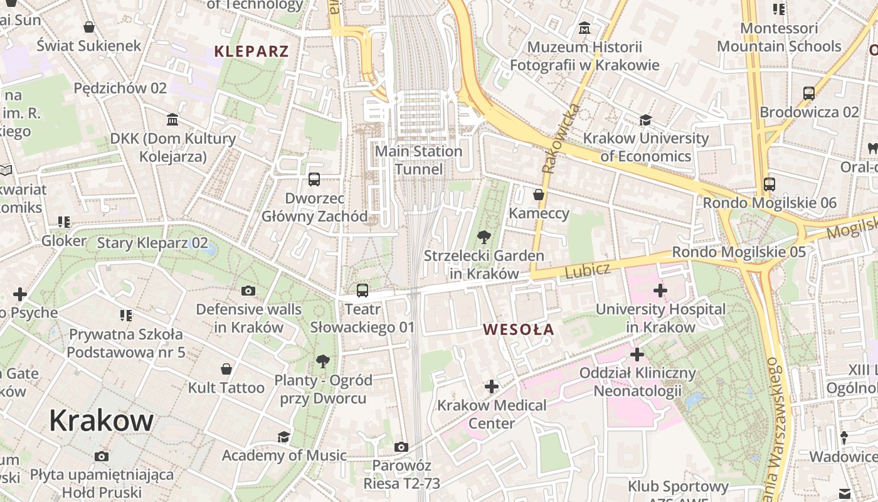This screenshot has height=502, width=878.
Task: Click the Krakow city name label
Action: pos(101,420)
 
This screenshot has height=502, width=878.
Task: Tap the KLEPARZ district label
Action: pos(251,51)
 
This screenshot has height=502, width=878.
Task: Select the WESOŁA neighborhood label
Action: pos(518,329)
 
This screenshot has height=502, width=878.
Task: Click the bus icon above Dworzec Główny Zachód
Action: pos(314,179)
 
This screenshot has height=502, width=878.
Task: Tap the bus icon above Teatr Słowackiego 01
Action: pos(362,290)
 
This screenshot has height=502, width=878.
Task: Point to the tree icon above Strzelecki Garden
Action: pos(484,237)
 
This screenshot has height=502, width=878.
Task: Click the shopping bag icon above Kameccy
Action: pos(538,195)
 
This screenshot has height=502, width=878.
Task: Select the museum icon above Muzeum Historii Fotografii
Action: pos(584,28)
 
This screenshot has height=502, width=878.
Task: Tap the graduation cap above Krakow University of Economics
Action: pos(645,120)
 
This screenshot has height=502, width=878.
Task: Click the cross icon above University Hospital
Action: pos(660,291)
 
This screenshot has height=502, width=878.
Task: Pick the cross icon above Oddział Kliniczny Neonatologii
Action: pos(637,355)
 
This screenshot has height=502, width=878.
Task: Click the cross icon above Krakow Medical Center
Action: pos(491,387)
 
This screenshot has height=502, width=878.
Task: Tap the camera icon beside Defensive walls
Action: pos(248,291)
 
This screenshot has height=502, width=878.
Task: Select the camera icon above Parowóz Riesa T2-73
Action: pos(401,447)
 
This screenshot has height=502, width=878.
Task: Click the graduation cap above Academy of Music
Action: pos(283,437)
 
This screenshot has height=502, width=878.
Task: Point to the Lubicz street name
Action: pos(588,270)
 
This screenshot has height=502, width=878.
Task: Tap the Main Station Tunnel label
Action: pos(418,160)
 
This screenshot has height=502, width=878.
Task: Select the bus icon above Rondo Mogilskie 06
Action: pos(769,184)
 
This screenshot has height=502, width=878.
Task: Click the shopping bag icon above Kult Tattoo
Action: pos(226,369)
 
